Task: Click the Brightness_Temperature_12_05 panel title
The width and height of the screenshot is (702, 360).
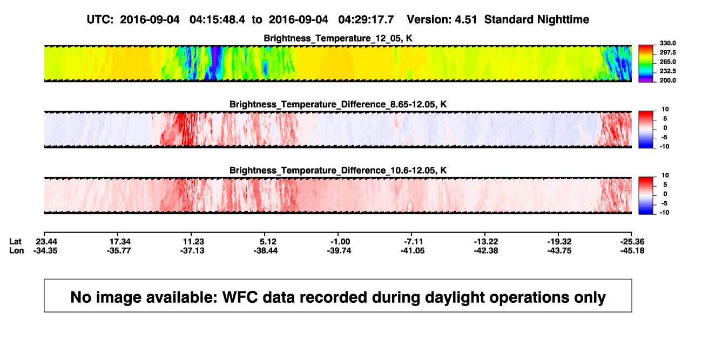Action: [x=338, y=38]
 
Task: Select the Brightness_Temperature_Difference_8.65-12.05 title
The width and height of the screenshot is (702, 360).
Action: [x=338, y=104]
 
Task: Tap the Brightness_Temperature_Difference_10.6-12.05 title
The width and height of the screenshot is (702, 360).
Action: [x=338, y=171]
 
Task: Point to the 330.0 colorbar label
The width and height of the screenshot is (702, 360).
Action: [x=667, y=43]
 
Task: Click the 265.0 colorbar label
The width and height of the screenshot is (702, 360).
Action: [x=667, y=62]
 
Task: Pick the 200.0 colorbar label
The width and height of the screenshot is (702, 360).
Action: [x=667, y=80]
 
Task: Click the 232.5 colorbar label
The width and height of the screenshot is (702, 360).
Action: [x=667, y=71]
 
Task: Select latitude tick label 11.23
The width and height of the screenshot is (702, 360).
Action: [x=193, y=242]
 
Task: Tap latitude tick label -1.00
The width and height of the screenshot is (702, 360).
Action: [x=340, y=242]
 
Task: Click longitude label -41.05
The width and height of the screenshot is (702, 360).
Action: [x=413, y=250]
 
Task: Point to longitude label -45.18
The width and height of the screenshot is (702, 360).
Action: [x=632, y=250]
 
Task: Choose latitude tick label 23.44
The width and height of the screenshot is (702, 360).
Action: [x=46, y=242]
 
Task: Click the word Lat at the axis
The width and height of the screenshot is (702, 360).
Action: [x=15, y=242]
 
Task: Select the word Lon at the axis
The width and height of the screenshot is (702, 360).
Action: [x=17, y=250]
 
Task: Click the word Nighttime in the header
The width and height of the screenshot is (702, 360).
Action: [x=563, y=20]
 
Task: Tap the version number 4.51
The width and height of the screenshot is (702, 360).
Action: [x=465, y=20]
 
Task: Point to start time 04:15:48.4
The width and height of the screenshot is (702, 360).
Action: [x=217, y=20]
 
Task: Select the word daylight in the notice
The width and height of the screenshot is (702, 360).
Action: [x=453, y=298]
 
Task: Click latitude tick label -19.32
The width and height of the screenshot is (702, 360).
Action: [x=559, y=242]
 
